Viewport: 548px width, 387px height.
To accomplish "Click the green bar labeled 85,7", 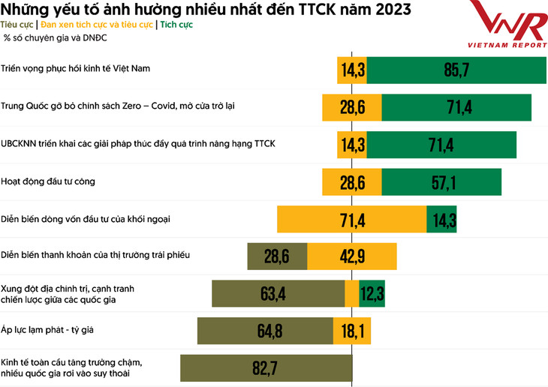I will [x=456, y=70].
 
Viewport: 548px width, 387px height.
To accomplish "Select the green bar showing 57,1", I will [x=441, y=181].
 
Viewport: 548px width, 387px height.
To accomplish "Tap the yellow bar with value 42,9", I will [x=352, y=256].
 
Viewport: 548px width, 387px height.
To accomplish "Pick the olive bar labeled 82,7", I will [x=266, y=368].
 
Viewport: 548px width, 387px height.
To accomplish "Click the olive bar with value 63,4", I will [x=278, y=294].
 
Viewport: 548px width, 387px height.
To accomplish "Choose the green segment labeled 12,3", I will [x=372, y=294].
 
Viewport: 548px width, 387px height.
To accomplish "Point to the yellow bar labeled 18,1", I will [x=354, y=331].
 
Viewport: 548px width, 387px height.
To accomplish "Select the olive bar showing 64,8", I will [x=265, y=331].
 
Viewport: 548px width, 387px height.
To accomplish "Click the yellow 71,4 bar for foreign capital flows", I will [x=352, y=220].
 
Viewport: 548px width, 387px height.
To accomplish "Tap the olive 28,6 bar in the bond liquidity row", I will [x=277, y=256].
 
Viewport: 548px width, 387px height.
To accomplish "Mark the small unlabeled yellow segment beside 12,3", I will [x=351, y=294].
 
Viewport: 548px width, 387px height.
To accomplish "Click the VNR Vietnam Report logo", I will [x=507, y=24].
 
